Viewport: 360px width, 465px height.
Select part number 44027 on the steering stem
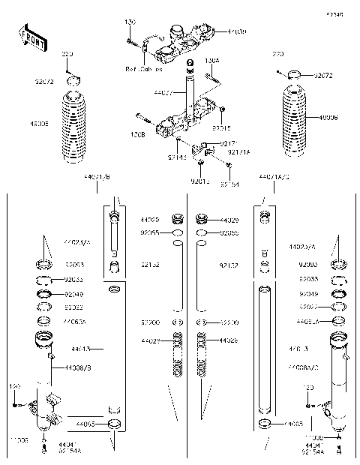tap(163, 93)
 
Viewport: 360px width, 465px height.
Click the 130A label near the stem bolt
tap(212, 60)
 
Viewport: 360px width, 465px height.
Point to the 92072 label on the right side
tap(323, 76)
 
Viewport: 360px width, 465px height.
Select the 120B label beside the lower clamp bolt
tap(138, 136)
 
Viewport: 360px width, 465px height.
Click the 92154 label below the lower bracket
tap(229, 183)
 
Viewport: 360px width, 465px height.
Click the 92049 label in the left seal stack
tap(74, 294)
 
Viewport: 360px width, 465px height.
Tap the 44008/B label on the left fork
tap(80, 368)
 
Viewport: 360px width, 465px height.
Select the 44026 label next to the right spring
tap(228, 340)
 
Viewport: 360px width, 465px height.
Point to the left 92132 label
tap(147, 265)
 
